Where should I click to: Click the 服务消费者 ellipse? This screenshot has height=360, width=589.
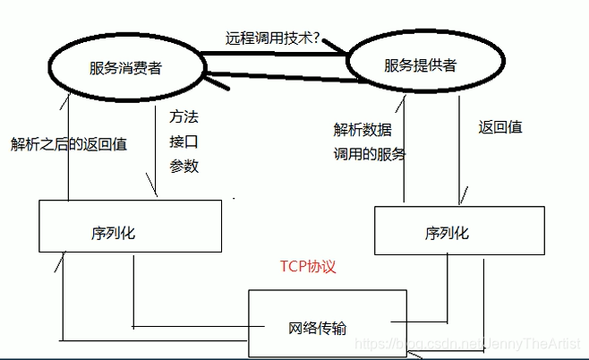[124, 67]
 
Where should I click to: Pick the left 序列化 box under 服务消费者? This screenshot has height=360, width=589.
[130, 226]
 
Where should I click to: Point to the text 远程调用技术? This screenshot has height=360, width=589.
[272, 40]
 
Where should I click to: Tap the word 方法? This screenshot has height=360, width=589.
[184, 117]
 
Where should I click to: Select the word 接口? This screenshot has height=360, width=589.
[184, 141]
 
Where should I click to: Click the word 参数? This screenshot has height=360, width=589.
[184, 166]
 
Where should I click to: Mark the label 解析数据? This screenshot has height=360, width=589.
[361, 129]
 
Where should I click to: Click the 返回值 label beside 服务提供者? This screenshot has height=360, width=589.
[500, 126]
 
